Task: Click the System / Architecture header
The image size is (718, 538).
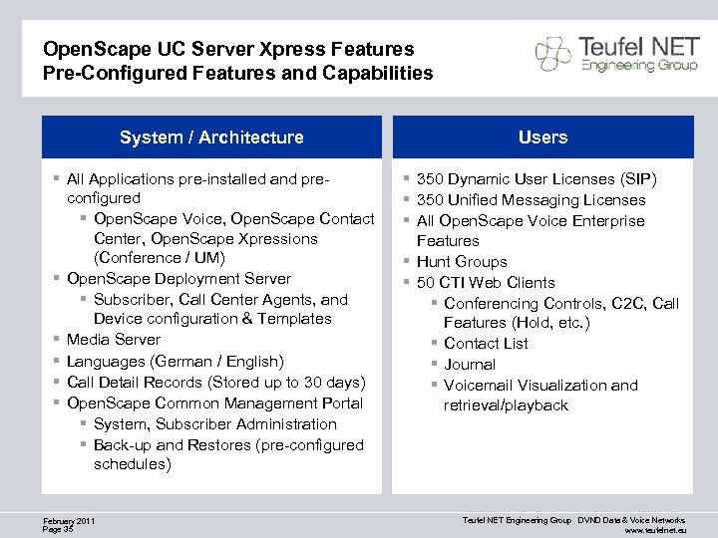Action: (x=211, y=137)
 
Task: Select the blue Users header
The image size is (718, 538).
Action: (x=542, y=137)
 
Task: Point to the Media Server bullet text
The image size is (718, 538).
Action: (x=113, y=340)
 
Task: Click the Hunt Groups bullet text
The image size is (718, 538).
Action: (x=462, y=262)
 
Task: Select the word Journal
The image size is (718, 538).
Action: (x=470, y=364)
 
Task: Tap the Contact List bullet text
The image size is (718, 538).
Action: (x=486, y=343)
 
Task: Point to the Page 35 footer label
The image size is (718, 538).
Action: (x=58, y=529)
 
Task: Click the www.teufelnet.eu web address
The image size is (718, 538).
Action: (x=654, y=530)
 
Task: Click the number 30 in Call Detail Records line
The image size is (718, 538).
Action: (x=305, y=382)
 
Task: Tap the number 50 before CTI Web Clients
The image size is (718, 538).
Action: (x=426, y=282)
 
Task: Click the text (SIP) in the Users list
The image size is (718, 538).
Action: (x=638, y=179)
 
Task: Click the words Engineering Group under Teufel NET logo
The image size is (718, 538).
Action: (x=626, y=66)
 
